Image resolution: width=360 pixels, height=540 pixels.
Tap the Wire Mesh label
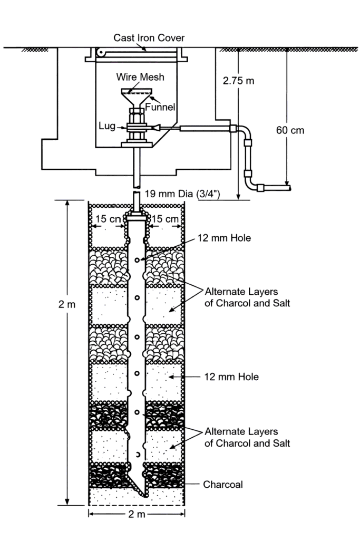[x=140, y=77]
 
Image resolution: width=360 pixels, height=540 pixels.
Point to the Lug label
[x=108, y=127]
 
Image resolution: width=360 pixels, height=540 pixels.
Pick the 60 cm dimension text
[x=290, y=130]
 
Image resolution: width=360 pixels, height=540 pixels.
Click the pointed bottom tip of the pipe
[x=144, y=496]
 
